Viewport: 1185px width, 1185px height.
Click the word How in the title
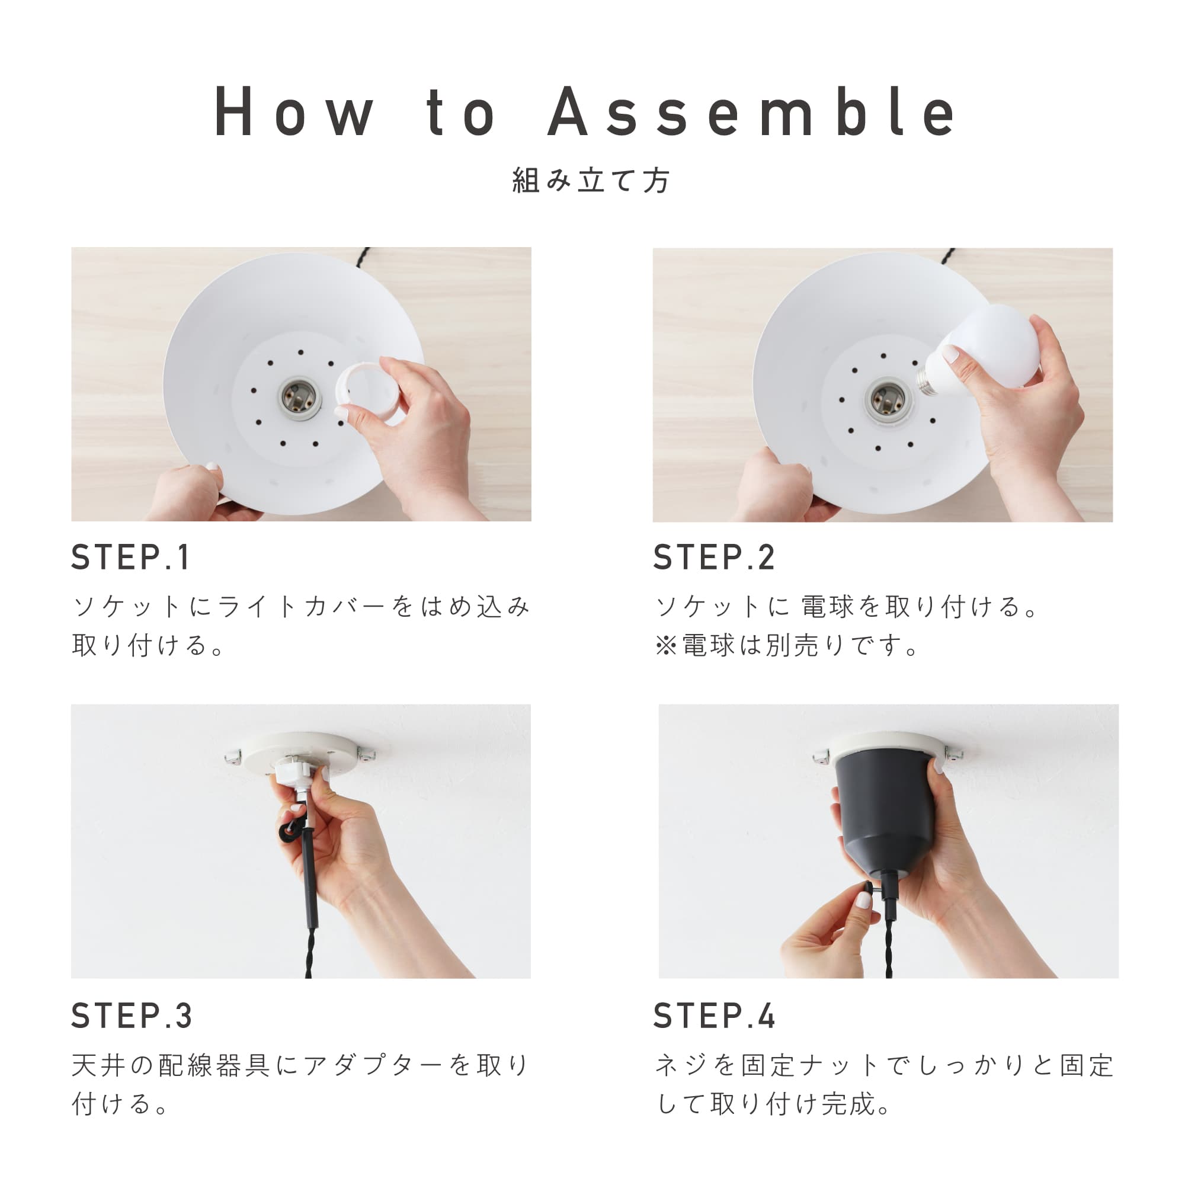click(294, 111)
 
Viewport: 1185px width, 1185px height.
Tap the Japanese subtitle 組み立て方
click(592, 180)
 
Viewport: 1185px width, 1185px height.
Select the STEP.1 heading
click(130, 558)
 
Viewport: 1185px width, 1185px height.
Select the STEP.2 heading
click(714, 558)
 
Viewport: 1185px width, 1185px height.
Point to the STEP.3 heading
click(132, 1016)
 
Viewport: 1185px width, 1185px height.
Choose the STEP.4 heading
click(714, 1016)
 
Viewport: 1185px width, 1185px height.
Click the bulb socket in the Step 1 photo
click(300, 398)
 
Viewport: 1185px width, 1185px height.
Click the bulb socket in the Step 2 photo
click(887, 399)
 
